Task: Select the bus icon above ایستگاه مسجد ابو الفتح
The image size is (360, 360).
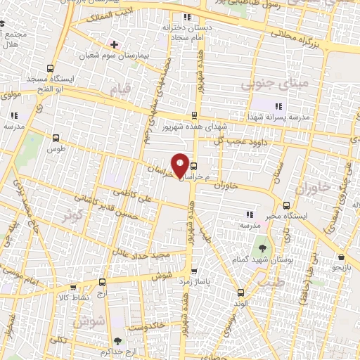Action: [50, 68]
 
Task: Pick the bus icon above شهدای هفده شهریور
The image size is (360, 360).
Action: [195, 115]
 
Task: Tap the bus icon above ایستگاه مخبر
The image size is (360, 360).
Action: [285, 206]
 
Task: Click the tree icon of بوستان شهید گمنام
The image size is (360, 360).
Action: [262, 248]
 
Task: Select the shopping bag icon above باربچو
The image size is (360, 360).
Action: [340, 257]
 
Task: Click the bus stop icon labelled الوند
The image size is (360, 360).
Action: [240, 292]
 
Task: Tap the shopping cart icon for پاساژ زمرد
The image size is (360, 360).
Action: [195, 271]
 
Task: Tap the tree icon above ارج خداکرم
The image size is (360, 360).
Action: [115, 340]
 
